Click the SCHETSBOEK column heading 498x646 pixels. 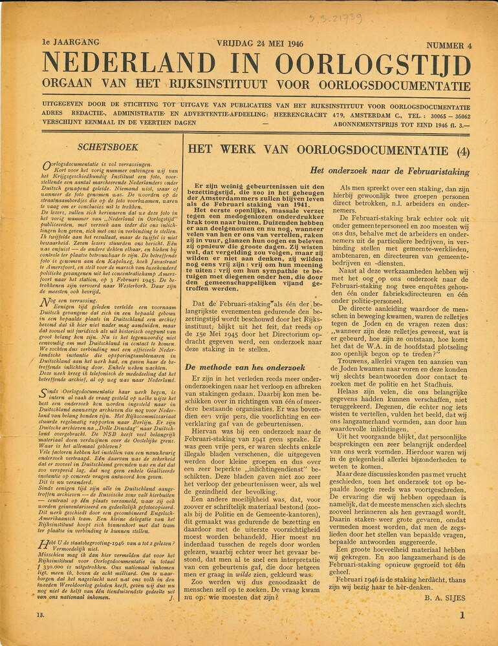[108, 147]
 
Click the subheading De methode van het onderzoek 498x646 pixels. [241, 366]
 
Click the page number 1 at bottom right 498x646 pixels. [462, 616]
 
